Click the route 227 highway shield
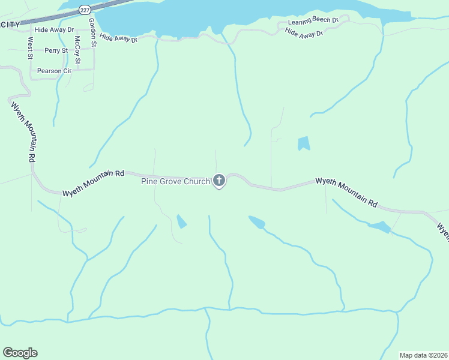[x=84, y=10]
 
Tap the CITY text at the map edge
[x=10, y=24]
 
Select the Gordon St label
[x=92, y=32]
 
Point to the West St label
[x=29, y=49]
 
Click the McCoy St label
[x=77, y=50]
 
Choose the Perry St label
[x=56, y=51]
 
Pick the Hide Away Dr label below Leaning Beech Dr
[x=304, y=32]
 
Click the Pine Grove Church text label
[x=175, y=181]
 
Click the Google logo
[x=20, y=352]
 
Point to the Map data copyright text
[x=423, y=355]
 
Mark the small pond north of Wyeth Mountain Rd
[x=304, y=143]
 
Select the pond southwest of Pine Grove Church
[x=181, y=221]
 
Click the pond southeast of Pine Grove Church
[x=257, y=222]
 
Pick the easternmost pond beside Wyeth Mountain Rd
[x=379, y=227]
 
